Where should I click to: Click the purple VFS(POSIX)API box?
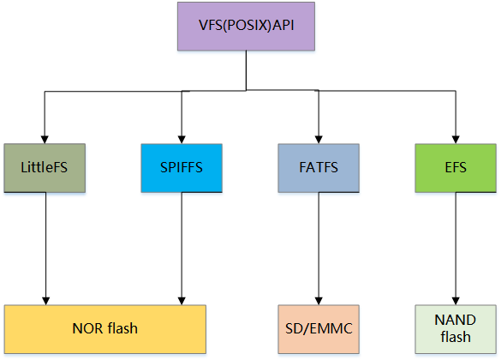246,27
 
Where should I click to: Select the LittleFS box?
45,168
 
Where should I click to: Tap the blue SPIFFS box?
182,168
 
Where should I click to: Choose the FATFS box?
319,168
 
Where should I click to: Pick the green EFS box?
456,168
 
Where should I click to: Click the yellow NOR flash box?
105,329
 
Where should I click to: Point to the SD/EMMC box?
319,329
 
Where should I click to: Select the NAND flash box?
456,329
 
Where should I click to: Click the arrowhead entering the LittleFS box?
45,140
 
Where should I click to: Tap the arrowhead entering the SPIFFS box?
182,140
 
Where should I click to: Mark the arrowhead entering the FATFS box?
319,140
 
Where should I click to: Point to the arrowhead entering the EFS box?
456,140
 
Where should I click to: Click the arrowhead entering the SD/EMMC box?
319,301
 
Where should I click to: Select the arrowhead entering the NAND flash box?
456,301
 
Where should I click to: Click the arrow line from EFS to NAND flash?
456,249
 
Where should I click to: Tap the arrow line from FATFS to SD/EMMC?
319,249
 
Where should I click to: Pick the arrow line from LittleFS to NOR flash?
45,249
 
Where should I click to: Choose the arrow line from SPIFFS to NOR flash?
182,249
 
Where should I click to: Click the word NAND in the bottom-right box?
456,320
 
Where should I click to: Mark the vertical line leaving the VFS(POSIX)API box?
246,70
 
